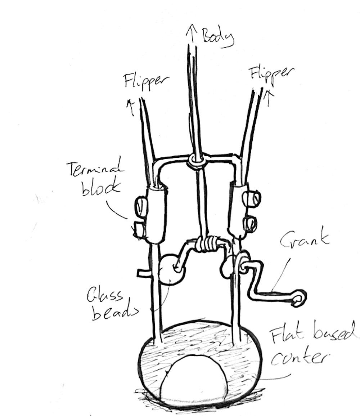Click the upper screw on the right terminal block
click(x=251, y=198)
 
